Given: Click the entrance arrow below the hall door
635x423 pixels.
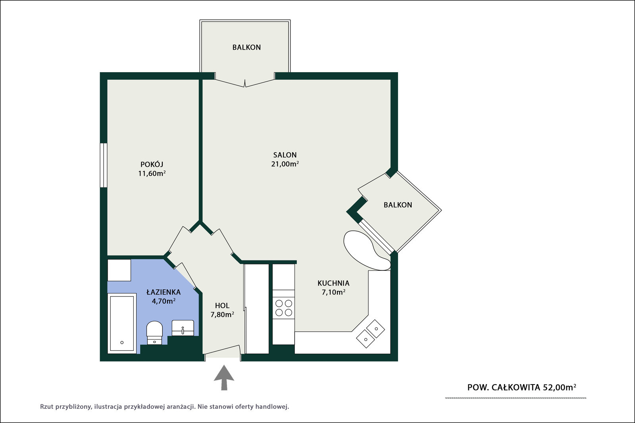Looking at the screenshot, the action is pyautogui.click(x=224, y=377).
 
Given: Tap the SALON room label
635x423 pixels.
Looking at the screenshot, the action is pyautogui.click(x=285, y=155).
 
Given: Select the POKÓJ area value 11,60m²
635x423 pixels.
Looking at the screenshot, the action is pyautogui.click(x=152, y=173).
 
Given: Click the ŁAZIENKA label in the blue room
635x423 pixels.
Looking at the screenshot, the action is pyautogui.click(x=164, y=292).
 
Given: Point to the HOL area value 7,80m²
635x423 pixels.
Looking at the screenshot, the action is pyautogui.click(x=222, y=314).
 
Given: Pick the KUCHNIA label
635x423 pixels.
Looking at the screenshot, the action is pyautogui.click(x=333, y=283).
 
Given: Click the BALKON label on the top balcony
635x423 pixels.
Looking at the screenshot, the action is pyautogui.click(x=246, y=47).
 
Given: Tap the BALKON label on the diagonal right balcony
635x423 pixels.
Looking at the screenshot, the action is pyautogui.click(x=398, y=205).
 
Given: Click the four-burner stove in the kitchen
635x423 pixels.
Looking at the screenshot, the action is pyautogui.click(x=284, y=308).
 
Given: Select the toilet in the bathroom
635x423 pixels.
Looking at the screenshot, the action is pyautogui.click(x=154, y=333).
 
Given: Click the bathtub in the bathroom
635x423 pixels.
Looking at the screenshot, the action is pyautogui.click(x=122, y=323).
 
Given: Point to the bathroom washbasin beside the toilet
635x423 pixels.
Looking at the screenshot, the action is pyautogui.click(x=183, y=328).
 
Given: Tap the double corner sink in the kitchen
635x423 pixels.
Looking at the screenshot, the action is pyautogui.click(x=371, y=333).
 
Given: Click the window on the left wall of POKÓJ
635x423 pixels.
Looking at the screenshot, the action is pyautogui.click(x=104, y=165).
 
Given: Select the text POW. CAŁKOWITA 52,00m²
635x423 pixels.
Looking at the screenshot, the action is pyautogui.click(x=521, y=387).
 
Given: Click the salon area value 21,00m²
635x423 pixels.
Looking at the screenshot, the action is pyautogui.click(x=285, y=164).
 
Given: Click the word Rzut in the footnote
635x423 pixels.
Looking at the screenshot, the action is pyautogui.click(x=46, y=407).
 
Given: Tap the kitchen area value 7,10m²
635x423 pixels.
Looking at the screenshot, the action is pyautogui.click(x=333, y=292).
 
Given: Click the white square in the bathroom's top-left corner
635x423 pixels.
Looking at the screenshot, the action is pyautogui.click(x=119, y=270).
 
